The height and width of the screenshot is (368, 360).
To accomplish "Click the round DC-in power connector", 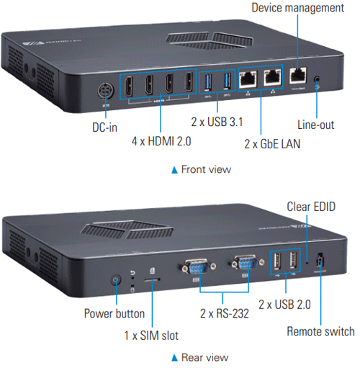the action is (x=106, y=91).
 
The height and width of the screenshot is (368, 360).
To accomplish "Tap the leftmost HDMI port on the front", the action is (x=129, y=86).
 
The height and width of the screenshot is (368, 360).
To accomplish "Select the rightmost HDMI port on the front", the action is (x=189, y=82).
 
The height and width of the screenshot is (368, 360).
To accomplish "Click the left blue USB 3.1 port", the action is (x=208, y=82).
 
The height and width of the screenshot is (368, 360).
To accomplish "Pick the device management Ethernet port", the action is (x=298, y=75).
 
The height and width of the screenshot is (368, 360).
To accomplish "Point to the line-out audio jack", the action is (x=317, y=79).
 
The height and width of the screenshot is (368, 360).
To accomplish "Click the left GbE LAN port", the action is (x=248, y=78).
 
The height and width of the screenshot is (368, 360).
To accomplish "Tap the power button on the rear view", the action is (x=116, y=279).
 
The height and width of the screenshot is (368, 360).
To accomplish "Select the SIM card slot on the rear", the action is (x=152, y=279).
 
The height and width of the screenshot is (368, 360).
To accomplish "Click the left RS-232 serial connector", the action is (x=197, y=266).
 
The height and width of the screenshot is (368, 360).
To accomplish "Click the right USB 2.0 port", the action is (x=293, y=260).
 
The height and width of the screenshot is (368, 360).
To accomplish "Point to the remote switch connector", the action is (x=320, y=260).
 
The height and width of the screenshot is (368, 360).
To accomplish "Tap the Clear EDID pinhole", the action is (x=307, y=262).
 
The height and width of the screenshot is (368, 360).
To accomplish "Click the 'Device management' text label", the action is (x=297, y=7).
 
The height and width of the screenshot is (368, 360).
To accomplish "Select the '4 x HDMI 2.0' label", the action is (x=161, y=141).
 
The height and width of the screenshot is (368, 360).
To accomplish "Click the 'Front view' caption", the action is (x=206, y=169).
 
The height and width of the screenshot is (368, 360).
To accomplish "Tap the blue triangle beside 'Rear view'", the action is (x=174, y=358).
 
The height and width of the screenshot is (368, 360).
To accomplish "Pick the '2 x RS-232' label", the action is (x=225, y=313).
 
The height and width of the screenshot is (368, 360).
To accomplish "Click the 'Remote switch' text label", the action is (x=320, y=331).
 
